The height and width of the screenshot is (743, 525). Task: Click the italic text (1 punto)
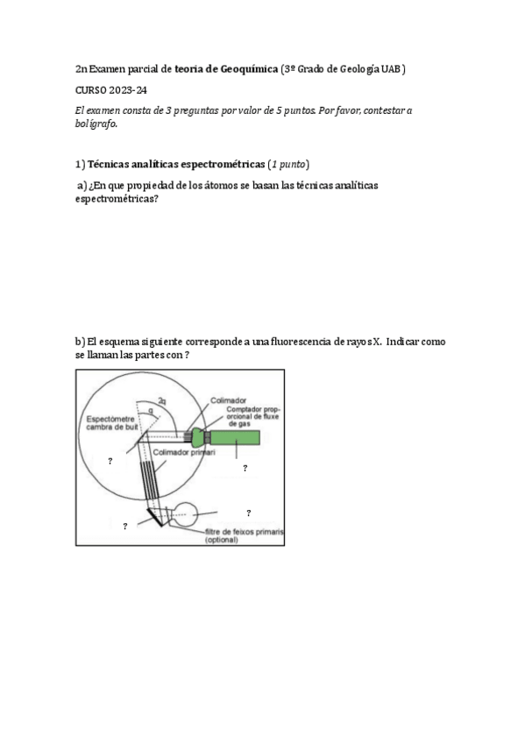coord(289,164)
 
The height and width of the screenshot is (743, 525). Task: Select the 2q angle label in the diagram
coord(162,400)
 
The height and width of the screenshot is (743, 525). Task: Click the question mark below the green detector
coord(245,469)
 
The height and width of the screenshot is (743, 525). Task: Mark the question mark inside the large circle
coord(110,460)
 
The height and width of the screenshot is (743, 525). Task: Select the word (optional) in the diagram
coord(223,541)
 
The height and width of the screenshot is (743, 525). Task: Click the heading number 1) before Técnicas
coord(80,164)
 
